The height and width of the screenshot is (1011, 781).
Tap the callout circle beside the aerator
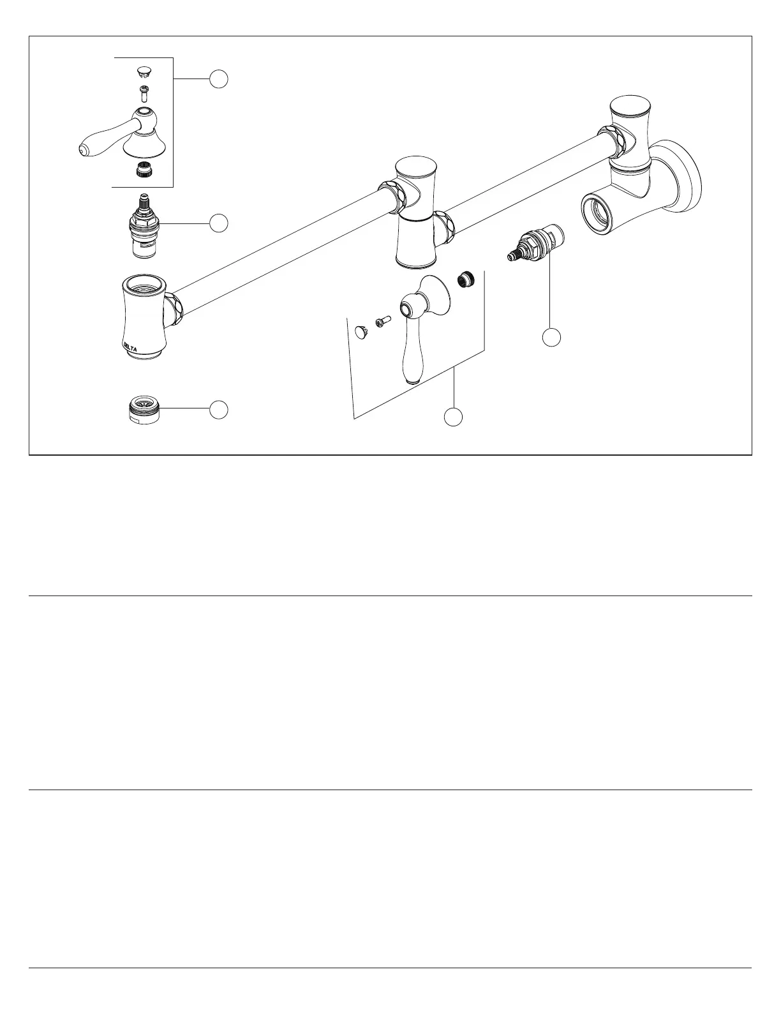click(x=219, y=409)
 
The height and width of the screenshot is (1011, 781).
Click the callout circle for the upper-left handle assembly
click(x=219, y=79)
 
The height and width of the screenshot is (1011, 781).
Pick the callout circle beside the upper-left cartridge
click(x=219, y=223)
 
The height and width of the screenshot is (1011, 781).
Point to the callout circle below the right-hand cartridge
click(x=552, y=337)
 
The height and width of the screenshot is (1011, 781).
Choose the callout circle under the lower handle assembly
click(x=454, y=417)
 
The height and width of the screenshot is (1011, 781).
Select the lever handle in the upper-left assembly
click(x=121, y=135)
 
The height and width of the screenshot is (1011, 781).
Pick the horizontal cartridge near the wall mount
click(x=536, y=246)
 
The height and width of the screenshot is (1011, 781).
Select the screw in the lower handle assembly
click(x=382, y=323)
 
